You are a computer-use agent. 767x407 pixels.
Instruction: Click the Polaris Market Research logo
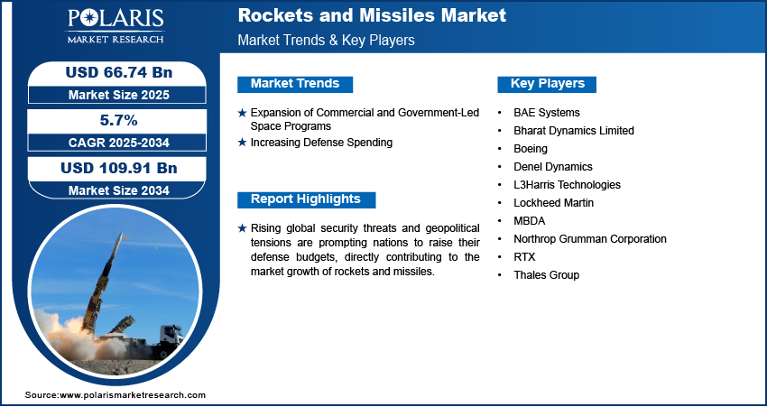point(116,26)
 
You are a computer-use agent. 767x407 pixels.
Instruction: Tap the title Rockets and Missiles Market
point(372,15)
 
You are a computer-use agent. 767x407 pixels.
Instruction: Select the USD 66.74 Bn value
point(119,72)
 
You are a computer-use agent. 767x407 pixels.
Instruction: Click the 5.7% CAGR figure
point(118,120)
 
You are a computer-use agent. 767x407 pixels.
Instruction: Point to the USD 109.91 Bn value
point(119,168)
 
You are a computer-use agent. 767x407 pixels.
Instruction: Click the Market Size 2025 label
point(119,95)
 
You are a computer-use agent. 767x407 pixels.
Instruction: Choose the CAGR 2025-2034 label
point(119,143)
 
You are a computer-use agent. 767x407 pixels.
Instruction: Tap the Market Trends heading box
point(295,84)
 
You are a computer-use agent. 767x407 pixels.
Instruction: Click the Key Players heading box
point(547,84)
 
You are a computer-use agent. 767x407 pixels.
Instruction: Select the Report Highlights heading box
point(306,199)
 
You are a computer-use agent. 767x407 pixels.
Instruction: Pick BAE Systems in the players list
point(547,113)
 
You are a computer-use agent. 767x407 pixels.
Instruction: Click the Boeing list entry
point(531,149)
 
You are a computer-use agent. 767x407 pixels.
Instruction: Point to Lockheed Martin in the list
point(553,202)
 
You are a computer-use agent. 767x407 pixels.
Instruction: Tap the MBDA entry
point(530,220)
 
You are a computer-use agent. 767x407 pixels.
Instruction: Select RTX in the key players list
point(524,257)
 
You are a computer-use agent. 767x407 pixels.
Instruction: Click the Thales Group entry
point(546,275)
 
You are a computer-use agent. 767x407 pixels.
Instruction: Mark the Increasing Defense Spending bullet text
point(321,143)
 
